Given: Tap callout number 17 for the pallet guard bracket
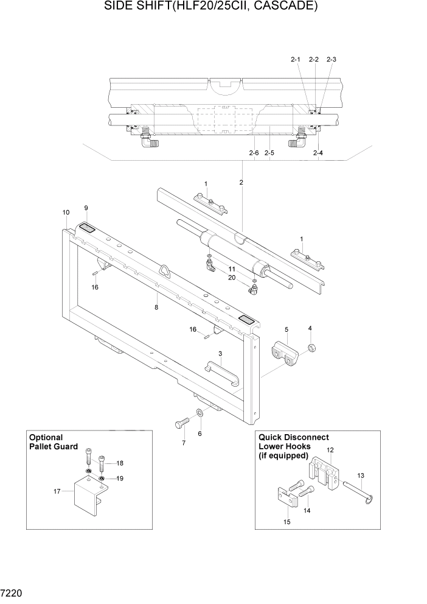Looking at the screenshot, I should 57,490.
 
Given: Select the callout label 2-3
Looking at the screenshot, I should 331,60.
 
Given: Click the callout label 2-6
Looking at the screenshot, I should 254,153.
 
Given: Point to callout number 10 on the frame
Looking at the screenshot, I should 66,212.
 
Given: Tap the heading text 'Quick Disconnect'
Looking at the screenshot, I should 294,437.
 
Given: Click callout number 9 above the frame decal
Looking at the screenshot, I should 86,208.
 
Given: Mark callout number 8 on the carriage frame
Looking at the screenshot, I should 156,307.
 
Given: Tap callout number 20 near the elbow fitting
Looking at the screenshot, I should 231,278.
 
